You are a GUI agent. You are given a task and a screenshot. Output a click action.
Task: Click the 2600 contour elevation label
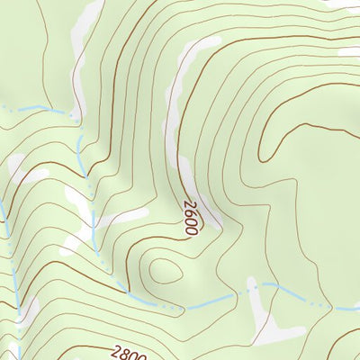click(191, 218)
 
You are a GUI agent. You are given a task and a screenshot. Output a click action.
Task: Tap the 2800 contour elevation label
click(130, 354)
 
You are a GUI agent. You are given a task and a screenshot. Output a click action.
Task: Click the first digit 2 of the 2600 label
click(193, 205)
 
